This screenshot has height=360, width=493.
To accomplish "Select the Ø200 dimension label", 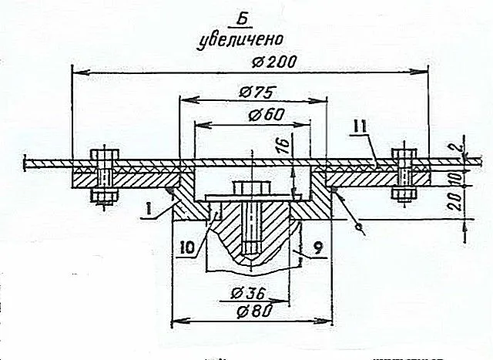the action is click(274, 62).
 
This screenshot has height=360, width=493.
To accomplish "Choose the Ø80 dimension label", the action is click(255, 311).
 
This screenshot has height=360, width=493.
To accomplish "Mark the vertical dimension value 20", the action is click(455, 202).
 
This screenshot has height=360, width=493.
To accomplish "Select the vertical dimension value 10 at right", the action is click(457, 178).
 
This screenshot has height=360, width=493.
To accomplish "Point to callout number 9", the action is click(317, 248).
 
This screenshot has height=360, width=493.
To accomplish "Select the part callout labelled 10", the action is click(188, 248).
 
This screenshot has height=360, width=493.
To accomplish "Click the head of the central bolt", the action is click(252, 188).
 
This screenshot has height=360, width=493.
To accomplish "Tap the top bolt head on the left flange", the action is click(105, 154).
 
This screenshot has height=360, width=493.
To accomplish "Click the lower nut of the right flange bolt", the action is click(404, 194).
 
